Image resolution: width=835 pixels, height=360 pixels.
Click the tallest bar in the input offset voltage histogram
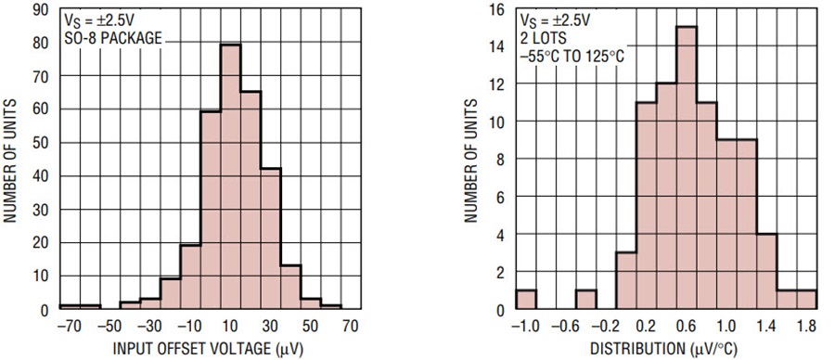coord(231,176)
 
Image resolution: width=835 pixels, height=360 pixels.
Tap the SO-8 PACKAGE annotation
coord(113,38)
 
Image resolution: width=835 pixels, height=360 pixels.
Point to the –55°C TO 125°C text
coord(573,56)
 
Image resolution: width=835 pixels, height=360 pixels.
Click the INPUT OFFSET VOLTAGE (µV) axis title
coord(208,349)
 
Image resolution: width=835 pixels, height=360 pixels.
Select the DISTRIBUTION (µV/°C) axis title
coord(663,349)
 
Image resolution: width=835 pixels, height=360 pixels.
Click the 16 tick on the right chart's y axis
coord(496,10)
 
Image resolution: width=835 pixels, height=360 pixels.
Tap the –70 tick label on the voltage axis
coord(70,325)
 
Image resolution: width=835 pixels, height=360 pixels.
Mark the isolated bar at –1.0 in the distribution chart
coord(526,300)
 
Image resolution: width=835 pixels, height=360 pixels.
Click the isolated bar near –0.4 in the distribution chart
coord(586,300)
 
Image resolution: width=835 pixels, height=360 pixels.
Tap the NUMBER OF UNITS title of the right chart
coord(470,159)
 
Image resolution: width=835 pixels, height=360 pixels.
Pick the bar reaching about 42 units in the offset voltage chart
coord(271,238)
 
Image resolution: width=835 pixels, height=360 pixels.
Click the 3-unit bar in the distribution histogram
coord(626,280)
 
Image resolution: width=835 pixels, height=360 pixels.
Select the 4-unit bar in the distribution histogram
coord(766,271)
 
